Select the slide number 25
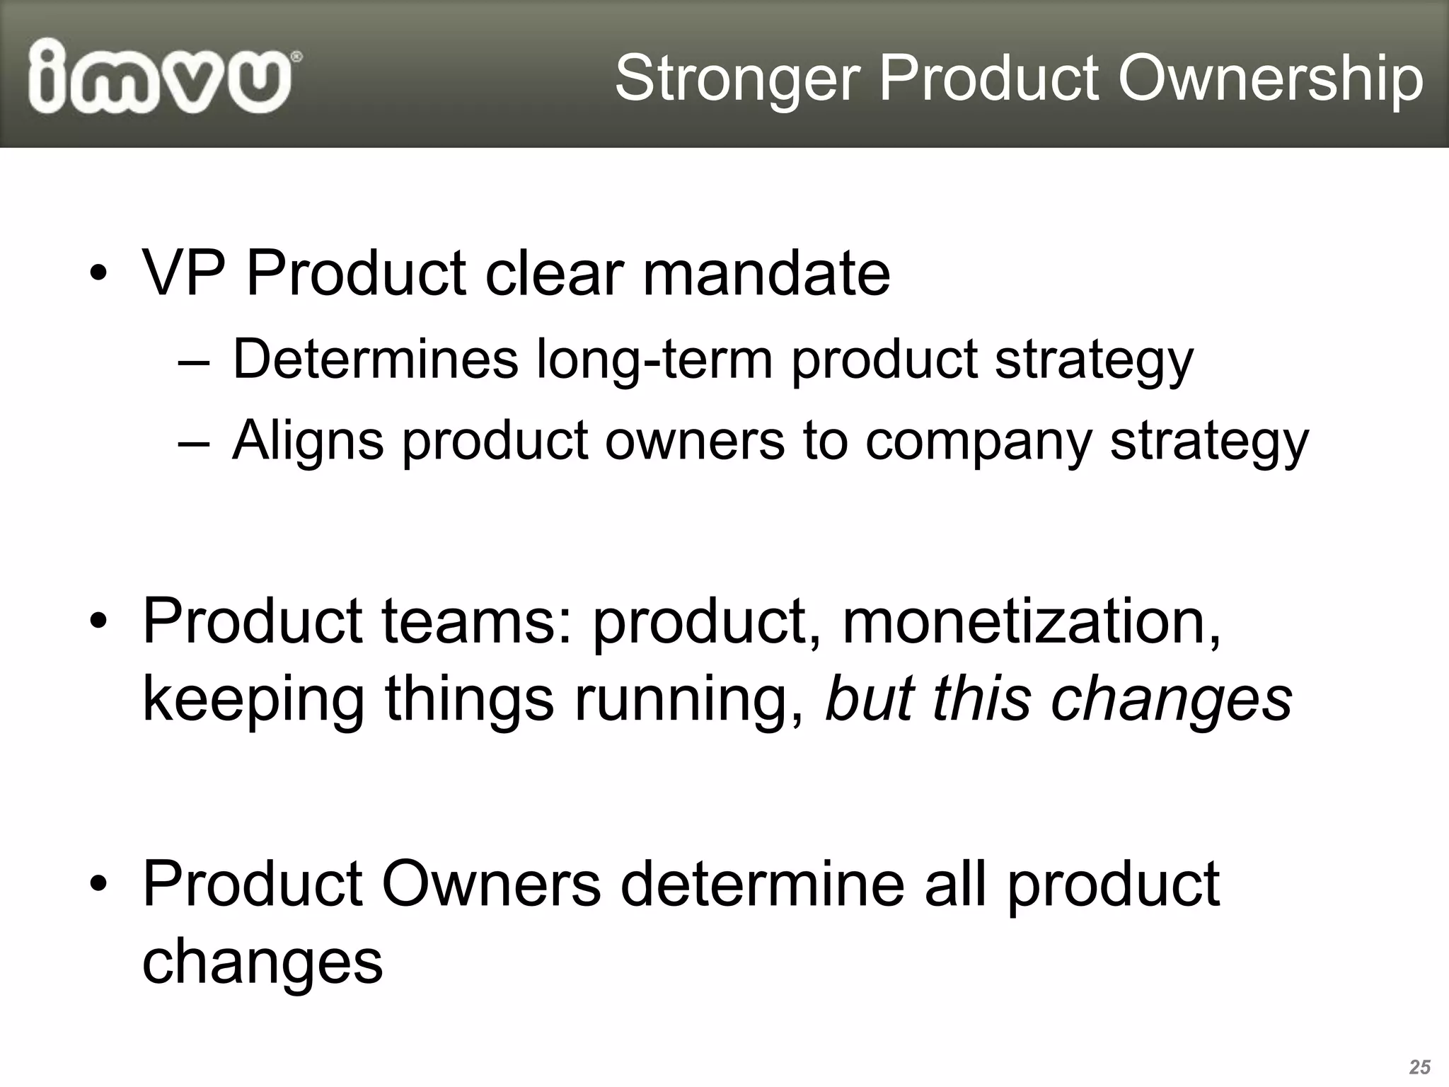(1419, 1066)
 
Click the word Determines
(375, 359)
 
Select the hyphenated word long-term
(654, 360)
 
